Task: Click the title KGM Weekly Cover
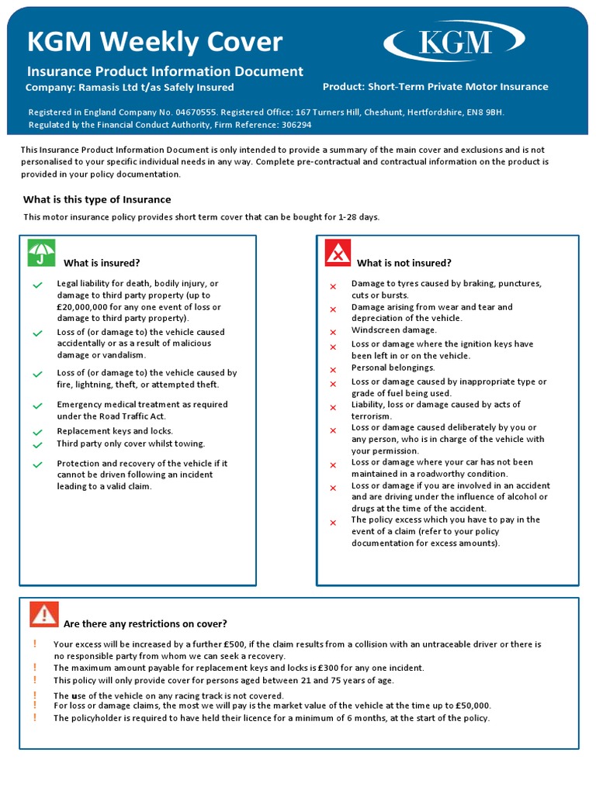(154, 42)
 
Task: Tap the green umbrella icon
(41, 253)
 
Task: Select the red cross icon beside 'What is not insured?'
(338, 253)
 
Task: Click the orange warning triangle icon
(44, 614)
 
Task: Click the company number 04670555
(196, 112)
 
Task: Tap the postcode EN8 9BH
(484, 112)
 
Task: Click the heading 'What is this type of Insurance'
(97, 200)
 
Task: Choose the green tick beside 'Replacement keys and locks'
(37, 432)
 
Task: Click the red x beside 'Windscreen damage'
(333, 332)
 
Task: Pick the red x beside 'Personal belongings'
(333, 369)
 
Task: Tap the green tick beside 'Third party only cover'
(37, 445)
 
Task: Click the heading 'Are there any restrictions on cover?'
(145, 624)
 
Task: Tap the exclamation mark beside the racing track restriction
(35, 696)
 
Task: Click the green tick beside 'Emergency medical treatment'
(37, 406)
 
